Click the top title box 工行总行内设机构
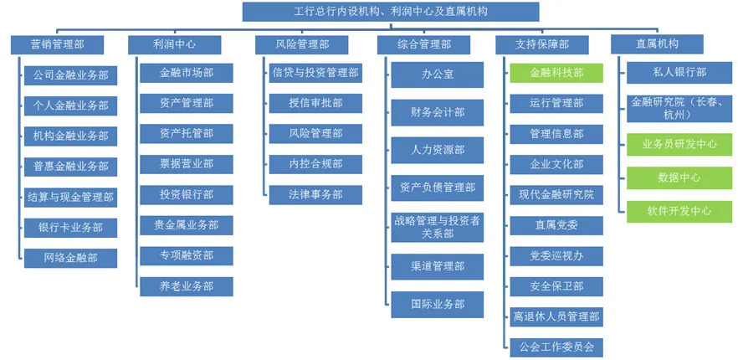pos(391,12)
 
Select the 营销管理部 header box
pos(58,44)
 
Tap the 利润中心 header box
pos(175,44)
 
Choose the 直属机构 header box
pos(657,44)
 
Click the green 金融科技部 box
pos(556,73)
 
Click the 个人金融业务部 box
pos(70,105)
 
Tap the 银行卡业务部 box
pos(70,228)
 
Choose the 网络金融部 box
pos(70,258)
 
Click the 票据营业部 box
pos(187,164)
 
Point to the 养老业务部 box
pos(187,286)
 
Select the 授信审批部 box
pos(315,103)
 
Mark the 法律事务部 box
pos(315,194)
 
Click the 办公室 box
pos(438,75)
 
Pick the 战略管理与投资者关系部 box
pos(438,228)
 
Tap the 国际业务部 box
pos(438,305)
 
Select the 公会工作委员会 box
pos(556,347)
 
